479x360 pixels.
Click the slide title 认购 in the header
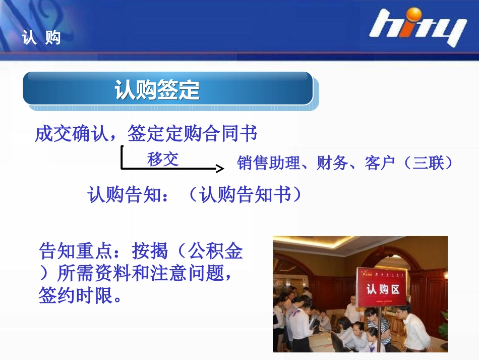coord(41,37)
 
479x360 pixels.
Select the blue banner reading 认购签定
coord(168,90)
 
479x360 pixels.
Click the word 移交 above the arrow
coord(163,160)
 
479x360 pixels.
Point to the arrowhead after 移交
coord(219,169)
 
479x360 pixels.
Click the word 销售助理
coord(268,163)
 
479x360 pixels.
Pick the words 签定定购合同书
coord(192,134)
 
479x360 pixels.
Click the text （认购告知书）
coord(246,195)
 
